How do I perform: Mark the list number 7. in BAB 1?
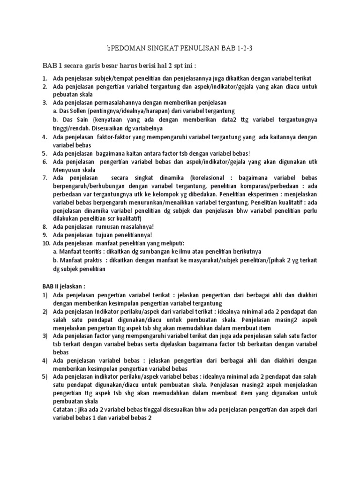point(45,178)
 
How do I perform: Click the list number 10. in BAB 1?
point(46,244)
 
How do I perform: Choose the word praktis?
point(90,261)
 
